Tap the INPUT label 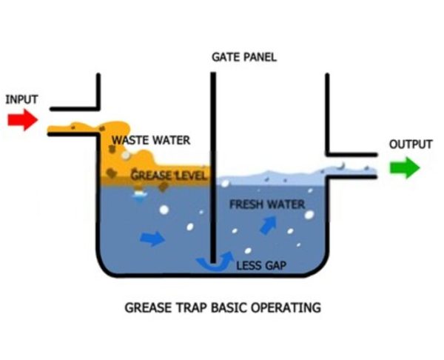point(21,99)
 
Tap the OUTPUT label point(410,144)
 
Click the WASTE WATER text point(151,139)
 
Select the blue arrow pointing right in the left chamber point(152,238)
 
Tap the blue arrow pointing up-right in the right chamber point(269,224)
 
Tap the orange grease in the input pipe point(70,129)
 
